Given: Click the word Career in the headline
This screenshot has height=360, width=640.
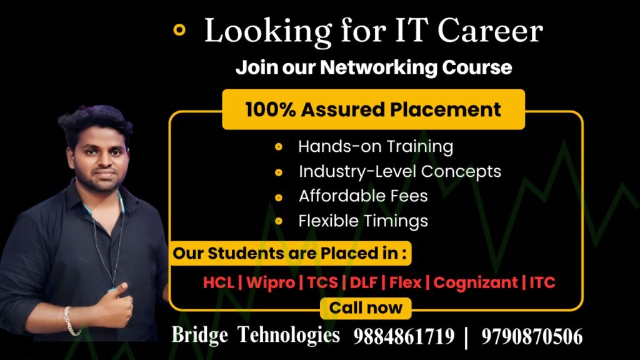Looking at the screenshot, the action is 490,31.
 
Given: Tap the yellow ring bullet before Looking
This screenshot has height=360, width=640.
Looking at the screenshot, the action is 179,30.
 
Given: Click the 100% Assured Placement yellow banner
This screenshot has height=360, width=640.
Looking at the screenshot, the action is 374,109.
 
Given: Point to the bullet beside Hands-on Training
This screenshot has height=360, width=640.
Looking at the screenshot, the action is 279,147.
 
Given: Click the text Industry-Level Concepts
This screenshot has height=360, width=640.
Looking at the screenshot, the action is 400,172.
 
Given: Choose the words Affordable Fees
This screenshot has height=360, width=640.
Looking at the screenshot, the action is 363,196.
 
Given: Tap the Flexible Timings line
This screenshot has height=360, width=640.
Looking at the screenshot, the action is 363,221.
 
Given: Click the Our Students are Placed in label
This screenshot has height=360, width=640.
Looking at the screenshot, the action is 290,253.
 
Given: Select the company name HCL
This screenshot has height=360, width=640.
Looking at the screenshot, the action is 219,282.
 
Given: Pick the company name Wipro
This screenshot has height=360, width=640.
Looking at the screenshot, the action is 271,282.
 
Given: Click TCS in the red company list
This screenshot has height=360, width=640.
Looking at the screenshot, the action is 322,282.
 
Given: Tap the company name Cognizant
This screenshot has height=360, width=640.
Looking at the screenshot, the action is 476,283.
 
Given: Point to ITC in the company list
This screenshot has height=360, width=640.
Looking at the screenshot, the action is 542,282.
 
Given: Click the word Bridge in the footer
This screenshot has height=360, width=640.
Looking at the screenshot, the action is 199,335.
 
